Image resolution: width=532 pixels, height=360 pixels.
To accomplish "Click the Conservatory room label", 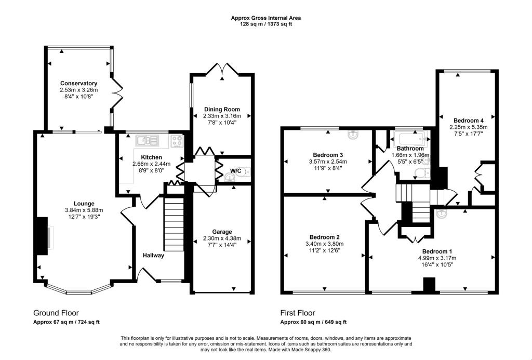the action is click(x=78, y=83).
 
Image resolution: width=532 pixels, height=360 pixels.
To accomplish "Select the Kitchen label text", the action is click(x=151, y=157).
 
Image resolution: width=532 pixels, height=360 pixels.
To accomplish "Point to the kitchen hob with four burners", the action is click(x=176, y=140).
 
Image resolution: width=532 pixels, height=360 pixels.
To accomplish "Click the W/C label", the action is click(x=235, y=170).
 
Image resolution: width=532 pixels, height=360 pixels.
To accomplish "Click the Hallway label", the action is click(x=154, y=255).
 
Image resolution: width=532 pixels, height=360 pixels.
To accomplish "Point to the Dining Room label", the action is click(x=222, y=109).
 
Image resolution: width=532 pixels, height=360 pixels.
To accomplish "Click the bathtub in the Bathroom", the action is click(x=410, y=139).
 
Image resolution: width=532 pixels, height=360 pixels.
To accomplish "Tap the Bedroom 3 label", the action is click(x=328, y=155).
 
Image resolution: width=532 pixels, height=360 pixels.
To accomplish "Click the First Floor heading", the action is click(x=298, y=313).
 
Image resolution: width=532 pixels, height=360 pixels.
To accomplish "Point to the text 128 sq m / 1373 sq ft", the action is click(x=265, y=24).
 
